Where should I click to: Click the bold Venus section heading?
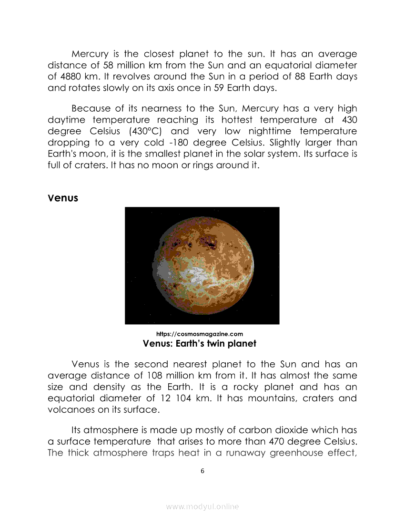(x=63, y=198)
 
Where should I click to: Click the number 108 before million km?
(x=145, y=376)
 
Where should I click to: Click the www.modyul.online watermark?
(x=202, y=507)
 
